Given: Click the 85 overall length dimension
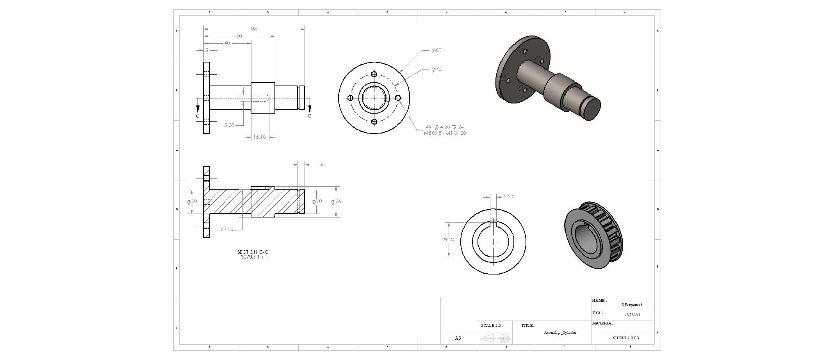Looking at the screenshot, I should tap(254, 29).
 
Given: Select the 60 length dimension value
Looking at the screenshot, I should tap(239, 36).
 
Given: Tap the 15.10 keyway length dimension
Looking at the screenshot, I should tap(259, 137).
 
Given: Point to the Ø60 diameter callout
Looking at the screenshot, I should tap(436, 50).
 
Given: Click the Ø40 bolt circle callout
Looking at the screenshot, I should tap(436, 70).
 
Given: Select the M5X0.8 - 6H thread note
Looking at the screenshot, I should tap(445, 133).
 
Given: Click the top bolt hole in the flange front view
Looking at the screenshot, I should tap(374, 74).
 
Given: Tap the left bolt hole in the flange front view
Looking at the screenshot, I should tap(350, 98).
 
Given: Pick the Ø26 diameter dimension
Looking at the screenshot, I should tap(336, 202).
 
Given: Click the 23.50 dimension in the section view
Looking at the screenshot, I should tap(227, 230).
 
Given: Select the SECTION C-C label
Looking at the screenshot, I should tap(253, 252).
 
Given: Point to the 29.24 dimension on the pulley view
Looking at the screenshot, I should tap(448, 240).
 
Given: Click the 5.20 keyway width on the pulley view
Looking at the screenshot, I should tap(508, 197).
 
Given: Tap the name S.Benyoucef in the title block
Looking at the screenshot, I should tap(631, 305).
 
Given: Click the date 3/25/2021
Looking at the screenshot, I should tap(632, 314).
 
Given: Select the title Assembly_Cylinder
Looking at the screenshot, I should tap(560, 333).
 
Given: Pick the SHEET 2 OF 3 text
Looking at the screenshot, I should tap(626, 338).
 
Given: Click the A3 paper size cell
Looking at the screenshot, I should tap(458, 338).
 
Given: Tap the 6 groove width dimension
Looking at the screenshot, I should tap(321, 165).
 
